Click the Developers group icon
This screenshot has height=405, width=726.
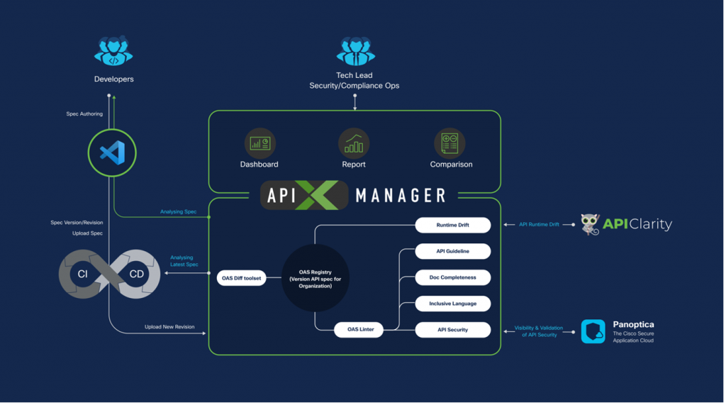coord(113,52)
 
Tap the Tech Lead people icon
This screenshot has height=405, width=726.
coord(355,51)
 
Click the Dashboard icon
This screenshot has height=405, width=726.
coord(259,143)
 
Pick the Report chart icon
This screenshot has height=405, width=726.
coord(353,143)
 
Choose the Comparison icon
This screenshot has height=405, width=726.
coord(450,143)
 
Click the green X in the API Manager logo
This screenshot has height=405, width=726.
coord(315,195)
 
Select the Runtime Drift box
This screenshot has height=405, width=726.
coord(452,226)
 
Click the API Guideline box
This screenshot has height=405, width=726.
coord(452,251)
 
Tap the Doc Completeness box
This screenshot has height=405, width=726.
coord(452,277)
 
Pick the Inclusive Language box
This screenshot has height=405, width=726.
coord(452,304)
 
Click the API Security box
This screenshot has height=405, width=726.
coord(452,330)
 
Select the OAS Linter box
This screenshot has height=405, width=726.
coord(357,330)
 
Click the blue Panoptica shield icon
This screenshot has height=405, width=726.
coord(593,331)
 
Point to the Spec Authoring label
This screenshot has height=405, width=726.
coord(84,113)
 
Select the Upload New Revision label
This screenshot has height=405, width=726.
coord(169,327)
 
